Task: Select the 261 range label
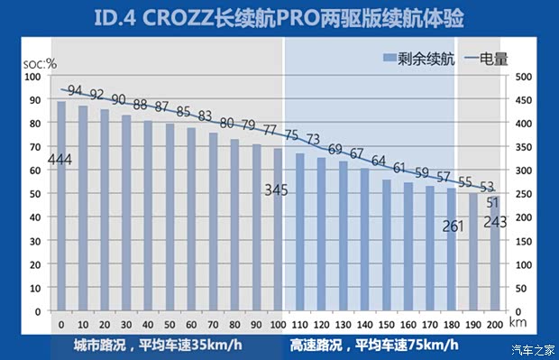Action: (453, 226)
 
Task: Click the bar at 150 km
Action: (386, 245)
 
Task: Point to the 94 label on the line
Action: (76, 91)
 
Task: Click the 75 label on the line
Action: (290, 135)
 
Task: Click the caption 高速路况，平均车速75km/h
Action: (373, 345)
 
